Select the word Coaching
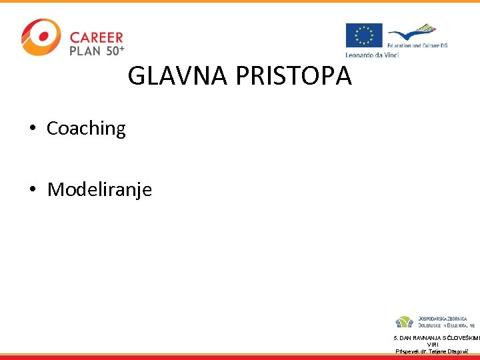86,129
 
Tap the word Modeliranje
99,190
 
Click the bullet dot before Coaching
32,129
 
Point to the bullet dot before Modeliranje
32,190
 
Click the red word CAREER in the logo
97,38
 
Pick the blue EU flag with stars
363,36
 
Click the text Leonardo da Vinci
371,55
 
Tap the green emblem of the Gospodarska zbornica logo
404,322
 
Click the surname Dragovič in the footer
456,351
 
